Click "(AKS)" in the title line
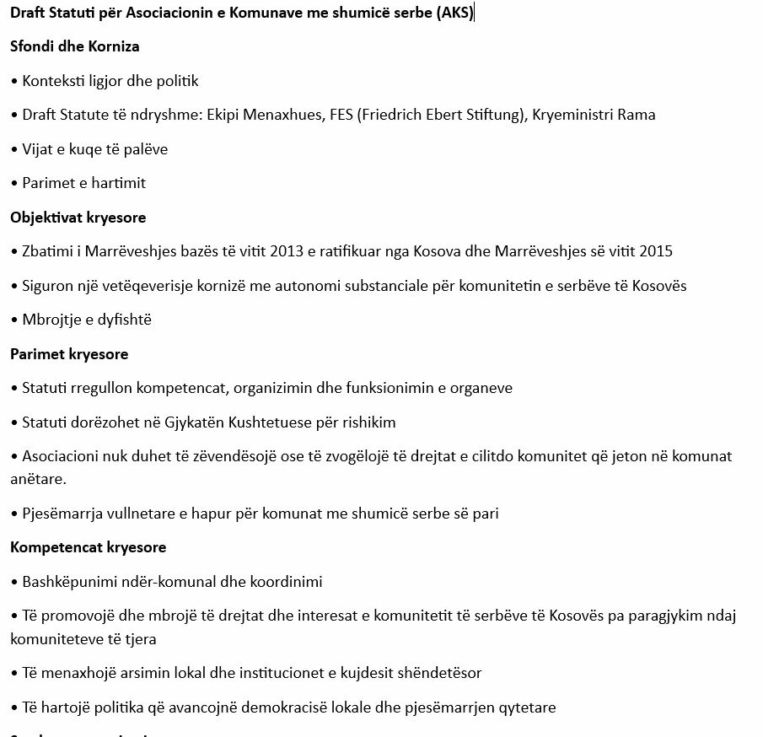(455, 12)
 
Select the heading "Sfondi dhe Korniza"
(74, 46)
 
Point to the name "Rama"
(637, 115)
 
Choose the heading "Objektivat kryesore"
(78, 218)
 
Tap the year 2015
(656, 251)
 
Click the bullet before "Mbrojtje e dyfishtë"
(14, 320)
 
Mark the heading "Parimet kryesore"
(69, 354)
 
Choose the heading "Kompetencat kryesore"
(88, 547)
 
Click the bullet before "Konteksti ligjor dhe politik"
(14, 81)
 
